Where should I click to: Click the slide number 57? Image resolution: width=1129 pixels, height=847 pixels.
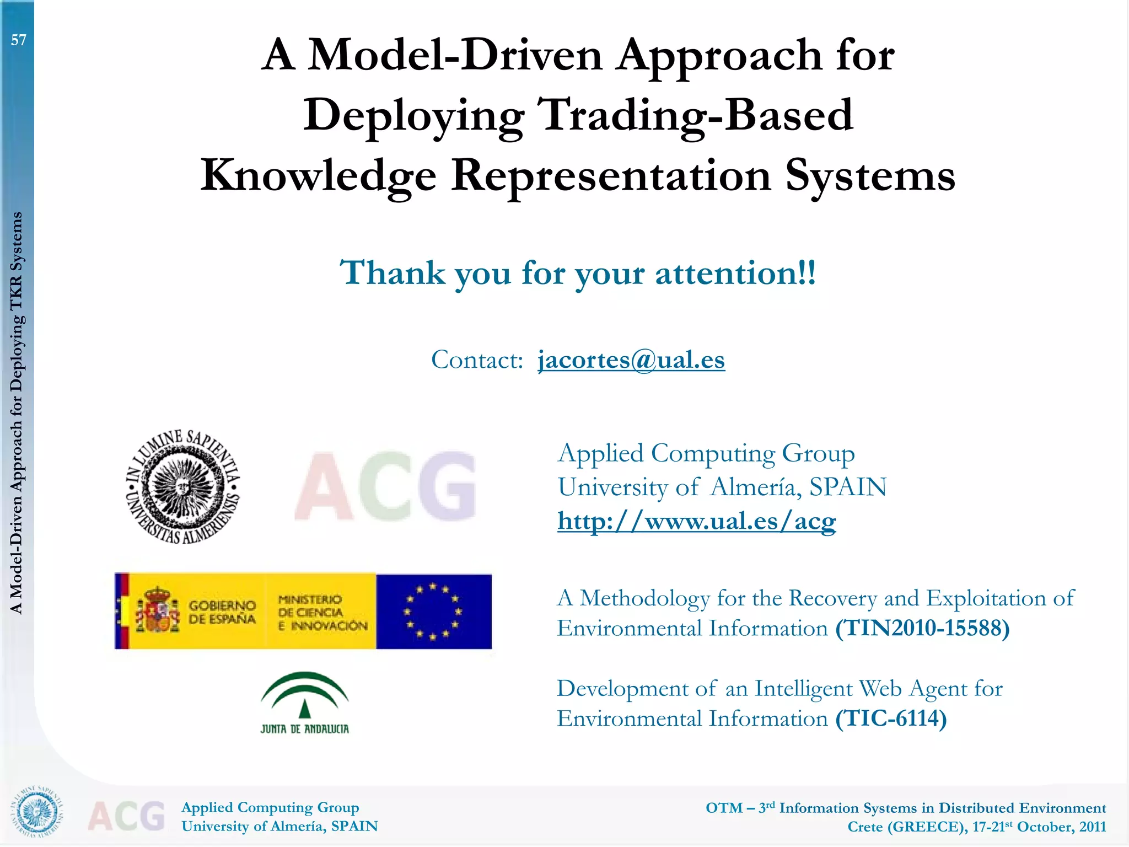point(19,40)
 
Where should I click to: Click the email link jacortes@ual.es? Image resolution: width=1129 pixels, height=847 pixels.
point(631,360)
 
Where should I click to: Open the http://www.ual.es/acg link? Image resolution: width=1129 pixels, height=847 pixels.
point(696,521)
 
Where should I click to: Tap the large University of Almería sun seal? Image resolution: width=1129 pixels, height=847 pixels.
point(182,486)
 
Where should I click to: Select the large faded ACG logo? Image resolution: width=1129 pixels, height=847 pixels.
point(385,486)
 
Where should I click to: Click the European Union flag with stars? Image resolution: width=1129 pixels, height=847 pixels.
point(434,612)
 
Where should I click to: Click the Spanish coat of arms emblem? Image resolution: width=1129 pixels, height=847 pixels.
point(158,610)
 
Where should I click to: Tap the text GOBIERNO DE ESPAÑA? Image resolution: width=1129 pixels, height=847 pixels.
point(222,612)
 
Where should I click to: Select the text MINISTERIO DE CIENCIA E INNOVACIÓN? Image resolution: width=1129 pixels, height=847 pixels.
point(322,612)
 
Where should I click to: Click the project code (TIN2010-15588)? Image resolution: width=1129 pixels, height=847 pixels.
point(922,629)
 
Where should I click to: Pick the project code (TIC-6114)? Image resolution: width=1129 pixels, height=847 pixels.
point(891,719)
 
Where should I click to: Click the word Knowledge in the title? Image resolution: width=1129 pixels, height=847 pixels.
point(319,175)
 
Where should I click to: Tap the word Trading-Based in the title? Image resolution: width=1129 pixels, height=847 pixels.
point(695,115)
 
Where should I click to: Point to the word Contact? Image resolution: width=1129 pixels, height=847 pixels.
point(477,360)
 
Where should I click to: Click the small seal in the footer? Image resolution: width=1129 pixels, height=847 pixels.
point(37,811)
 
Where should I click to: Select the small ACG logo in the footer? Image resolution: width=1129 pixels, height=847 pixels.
point(126,816)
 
